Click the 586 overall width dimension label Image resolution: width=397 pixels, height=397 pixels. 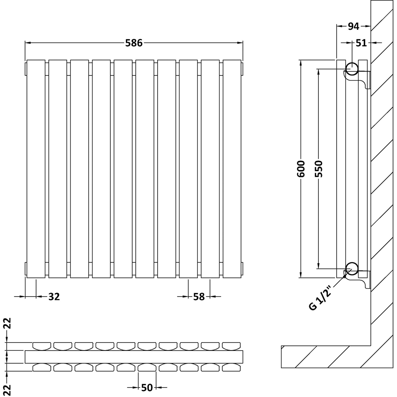pyautogui.click(x=134, y=43)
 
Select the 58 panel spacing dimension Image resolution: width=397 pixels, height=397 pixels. pyautogui.click(x=199, y=296)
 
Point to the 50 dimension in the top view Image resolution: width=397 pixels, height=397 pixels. pyautogui.click(x=147, y=387)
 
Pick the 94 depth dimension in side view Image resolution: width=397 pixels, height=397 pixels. pyautogui.click(x=353, y=26)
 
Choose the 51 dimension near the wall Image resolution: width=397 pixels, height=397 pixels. pyautogui.click(x=361, y=43)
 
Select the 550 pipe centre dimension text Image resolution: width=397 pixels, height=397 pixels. pyautogui.click(x=320, y=169)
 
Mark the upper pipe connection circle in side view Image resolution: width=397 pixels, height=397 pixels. pyautogui.click(x=351, y=69)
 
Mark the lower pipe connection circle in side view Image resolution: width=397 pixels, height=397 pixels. pyautogui.click(x=351, y=269)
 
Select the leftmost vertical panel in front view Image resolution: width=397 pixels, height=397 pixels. pyautogui.click(x=36, y=169)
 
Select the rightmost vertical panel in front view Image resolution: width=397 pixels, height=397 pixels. pyautogui.click(x=232, y=169)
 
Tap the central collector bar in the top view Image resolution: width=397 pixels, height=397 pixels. pyautogui.click(x=134, y=357)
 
